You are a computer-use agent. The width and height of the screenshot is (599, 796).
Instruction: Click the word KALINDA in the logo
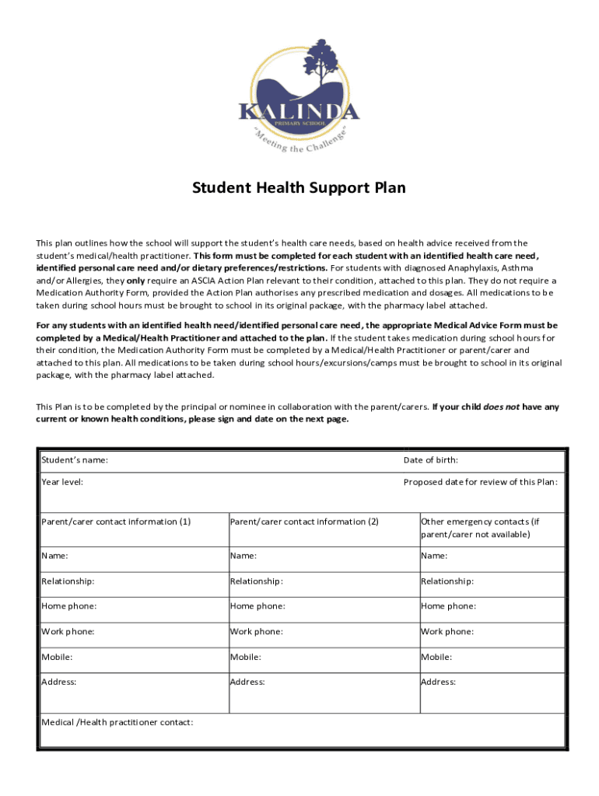tap(299, 111)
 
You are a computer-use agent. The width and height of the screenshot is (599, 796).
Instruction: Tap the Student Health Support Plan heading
tap(299, 188)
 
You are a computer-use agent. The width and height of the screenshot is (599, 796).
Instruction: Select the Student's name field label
tap(75, 460)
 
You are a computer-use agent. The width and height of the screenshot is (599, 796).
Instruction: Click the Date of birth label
tap(430, 460)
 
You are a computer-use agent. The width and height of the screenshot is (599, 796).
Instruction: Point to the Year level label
tap(62, 482)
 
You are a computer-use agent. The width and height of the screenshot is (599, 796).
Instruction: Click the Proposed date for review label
tap(480, 482)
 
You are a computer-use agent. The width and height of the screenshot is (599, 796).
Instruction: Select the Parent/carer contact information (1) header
tap(116, 522)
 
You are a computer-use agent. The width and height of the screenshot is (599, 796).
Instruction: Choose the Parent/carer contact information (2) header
tap(304, 522)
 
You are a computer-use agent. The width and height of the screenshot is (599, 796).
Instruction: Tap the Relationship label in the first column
tap(68, 581)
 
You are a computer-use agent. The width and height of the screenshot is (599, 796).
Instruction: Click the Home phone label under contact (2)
tap(257, 606)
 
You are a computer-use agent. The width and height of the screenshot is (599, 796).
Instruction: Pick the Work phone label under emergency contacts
tap(447, 632)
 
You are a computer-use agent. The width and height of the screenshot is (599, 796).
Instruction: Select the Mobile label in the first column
tap(57, 658)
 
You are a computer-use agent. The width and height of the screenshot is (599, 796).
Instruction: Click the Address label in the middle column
tap(247, 683)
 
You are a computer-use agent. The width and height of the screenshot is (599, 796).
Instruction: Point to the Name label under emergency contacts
tap(434, 556)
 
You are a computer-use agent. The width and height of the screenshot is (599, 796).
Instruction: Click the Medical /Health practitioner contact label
tap(117, 722)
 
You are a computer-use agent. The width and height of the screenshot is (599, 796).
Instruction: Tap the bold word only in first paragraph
tap(136, 281)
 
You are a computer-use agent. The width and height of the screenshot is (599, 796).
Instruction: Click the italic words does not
tap(503, 407)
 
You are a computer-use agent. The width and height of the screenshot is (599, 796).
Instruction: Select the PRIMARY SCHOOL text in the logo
tap(299, 123)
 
